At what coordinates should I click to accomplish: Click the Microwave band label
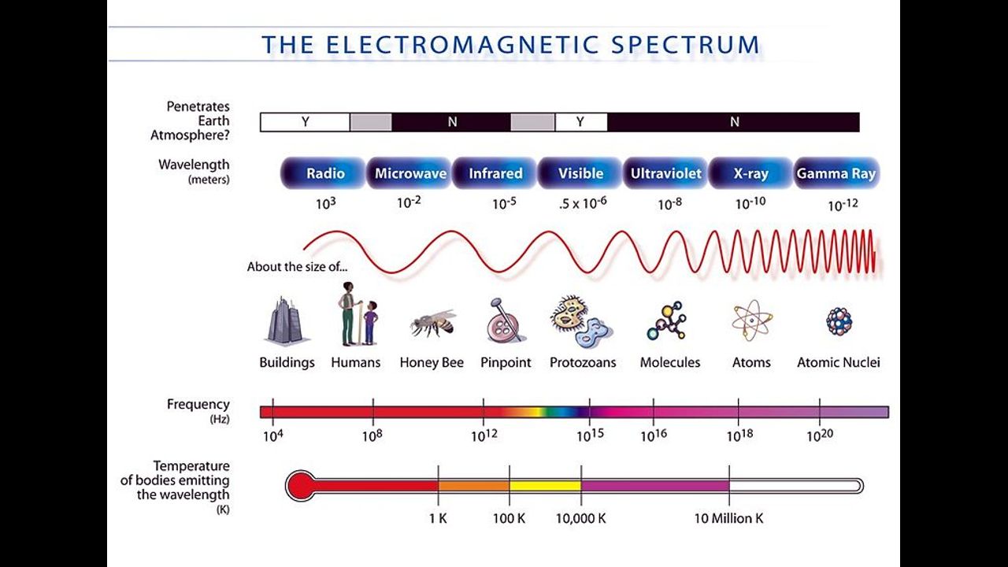point(410,173)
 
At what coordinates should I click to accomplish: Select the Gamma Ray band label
point(836,173)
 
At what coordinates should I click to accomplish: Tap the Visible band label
point(580,173)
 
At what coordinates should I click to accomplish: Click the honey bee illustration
point(432,323)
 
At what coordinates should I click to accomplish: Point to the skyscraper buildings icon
point(286,321)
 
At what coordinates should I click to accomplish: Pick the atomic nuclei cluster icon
point(839,321)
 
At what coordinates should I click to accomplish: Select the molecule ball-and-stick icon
point(668,321)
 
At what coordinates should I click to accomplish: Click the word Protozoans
point(583,362)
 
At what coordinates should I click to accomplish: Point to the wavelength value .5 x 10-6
point(583,203)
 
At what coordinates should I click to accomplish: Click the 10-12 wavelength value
point(843,206)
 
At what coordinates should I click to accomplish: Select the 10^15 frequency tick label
point(590,435)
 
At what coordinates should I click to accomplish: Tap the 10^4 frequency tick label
point(273,436)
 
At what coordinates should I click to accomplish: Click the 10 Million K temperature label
point(729,518)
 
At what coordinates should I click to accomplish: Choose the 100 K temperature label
point(509,518)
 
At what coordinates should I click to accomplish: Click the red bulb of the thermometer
point(301,486)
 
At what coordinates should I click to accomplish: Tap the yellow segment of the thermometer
point(546,486)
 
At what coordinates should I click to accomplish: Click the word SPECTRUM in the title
point(686,45)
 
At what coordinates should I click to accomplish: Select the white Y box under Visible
point(581,122)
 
